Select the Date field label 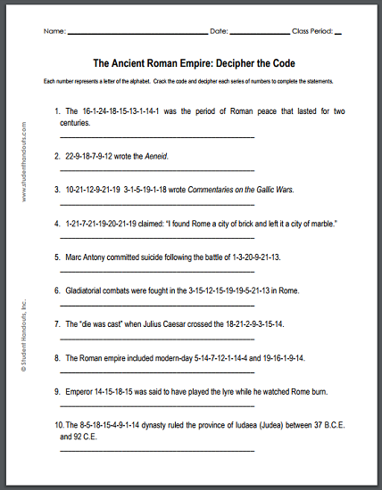[219, 31]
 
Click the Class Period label [311, 31]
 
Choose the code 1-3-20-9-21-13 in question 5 [254, 255]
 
